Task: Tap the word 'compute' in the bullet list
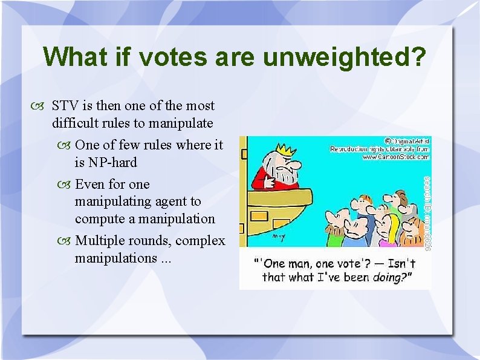(99, 218)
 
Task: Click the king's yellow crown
(284, 148)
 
